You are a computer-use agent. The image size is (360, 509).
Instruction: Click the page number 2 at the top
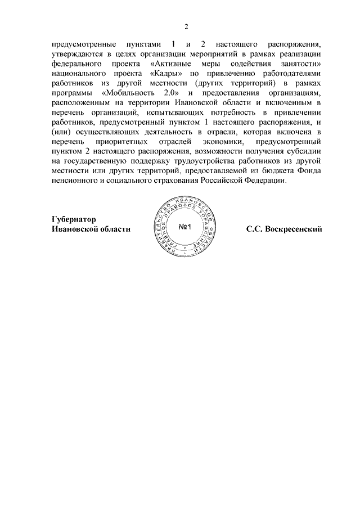click(186, 26)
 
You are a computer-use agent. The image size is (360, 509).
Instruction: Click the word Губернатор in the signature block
click(74, 219)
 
